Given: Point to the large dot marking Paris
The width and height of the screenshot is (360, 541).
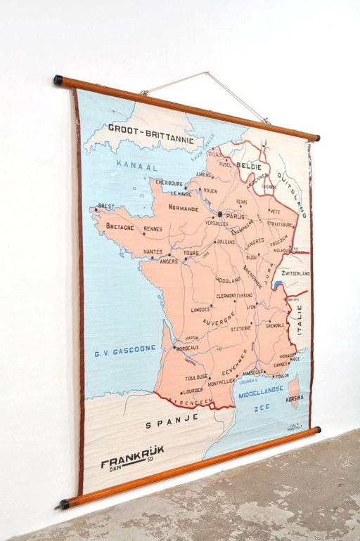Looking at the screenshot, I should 220,214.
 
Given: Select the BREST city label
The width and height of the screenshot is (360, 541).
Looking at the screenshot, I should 105,206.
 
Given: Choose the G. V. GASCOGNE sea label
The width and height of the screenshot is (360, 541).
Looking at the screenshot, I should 124,348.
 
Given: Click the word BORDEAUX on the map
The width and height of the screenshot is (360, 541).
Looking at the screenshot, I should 188,348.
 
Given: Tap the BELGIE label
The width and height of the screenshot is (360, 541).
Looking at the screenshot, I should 249,165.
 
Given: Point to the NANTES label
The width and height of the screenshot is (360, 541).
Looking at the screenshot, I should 153,252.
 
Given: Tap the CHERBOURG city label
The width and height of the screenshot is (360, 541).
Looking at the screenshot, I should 169,183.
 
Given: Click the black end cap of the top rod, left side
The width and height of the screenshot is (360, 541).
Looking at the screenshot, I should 58,80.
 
